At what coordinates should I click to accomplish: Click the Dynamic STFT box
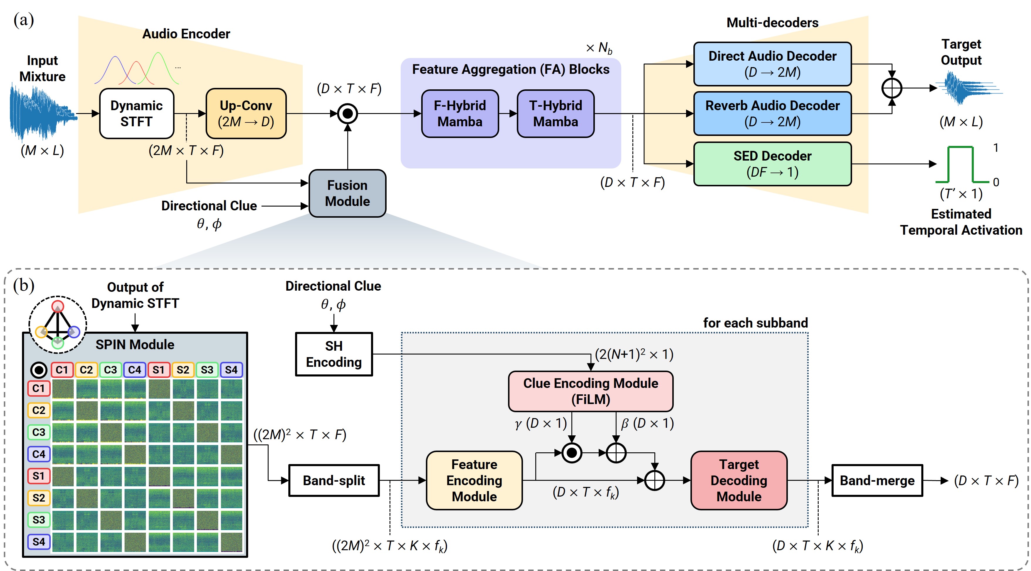click(x=136, y=114)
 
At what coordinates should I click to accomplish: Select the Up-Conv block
click(x=246, y=114)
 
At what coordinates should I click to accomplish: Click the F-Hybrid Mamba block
click(x=460, y=114)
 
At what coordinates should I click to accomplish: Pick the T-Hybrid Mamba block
click(x=556, y=114)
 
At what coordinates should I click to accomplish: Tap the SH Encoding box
click(x=334, y=354)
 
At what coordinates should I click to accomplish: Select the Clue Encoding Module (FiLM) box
click(x=590, y=391)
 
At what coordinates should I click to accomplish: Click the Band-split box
click(x=334, y=480)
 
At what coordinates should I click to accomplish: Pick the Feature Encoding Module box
click(x=474, y=480)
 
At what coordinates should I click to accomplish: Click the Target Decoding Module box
click(x=739, y=480)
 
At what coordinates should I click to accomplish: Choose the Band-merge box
click(x=877, y=480)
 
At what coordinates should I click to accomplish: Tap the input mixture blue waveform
click(x=42, y=114)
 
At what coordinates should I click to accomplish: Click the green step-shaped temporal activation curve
click(x=961, y=164)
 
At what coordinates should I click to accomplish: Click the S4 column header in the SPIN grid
click(x=231, y=370)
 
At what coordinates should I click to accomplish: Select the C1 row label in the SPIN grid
click(x=39, y=388)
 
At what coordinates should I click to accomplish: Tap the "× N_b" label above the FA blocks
click(x=599, y=48)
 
